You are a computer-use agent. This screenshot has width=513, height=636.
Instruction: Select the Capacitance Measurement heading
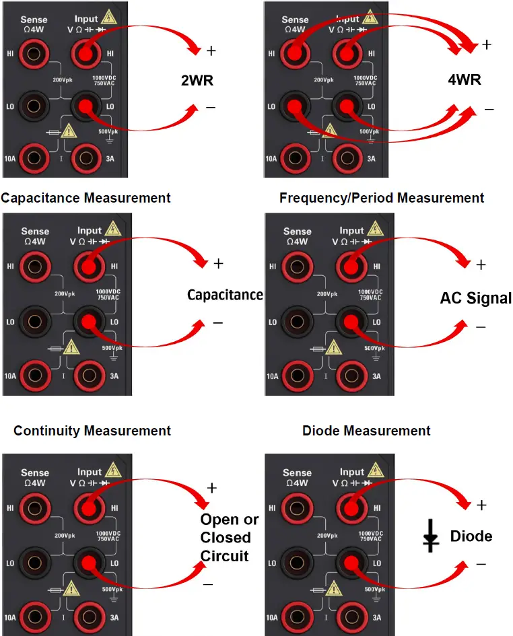point(86,198)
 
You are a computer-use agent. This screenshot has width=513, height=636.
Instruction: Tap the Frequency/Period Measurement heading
point(382,198)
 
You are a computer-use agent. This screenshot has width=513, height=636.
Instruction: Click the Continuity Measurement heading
point(92,431)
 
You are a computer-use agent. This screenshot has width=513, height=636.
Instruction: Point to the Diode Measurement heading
point(366,431)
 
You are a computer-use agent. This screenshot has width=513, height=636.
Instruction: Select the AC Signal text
point(475,298)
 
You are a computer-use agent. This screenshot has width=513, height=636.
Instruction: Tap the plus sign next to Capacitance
point(217,264)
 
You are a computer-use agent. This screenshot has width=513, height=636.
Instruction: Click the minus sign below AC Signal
point(480,328)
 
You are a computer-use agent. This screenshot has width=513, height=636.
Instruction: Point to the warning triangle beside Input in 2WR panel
point(110,21)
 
